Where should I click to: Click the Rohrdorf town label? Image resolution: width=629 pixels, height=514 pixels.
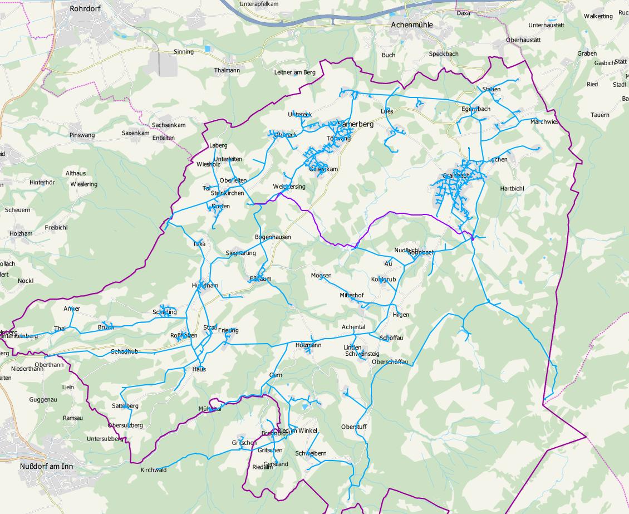[84, 9]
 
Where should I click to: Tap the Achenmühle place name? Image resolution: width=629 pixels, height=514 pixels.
[412, 25]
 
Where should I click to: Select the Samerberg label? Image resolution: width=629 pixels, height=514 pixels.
[356, 124]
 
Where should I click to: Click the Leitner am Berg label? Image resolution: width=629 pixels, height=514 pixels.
[294, 72]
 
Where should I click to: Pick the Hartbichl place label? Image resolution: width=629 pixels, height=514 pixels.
[512, 189]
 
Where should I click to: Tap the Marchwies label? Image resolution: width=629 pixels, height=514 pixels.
[544, 121]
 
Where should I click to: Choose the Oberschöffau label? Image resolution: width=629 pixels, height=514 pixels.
[390, 362]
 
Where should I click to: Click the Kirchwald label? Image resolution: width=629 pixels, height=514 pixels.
[154, 469]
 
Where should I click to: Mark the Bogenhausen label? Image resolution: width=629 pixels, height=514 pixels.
[273, 237]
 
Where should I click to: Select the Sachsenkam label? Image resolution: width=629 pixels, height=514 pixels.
[168, 125]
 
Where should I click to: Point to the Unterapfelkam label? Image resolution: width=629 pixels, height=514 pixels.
[258, 4]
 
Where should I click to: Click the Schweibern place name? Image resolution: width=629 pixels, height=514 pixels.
[311, 453]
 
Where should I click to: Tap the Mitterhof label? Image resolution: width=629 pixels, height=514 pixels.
[351, 295]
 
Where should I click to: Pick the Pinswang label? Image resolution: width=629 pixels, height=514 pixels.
[82, 135]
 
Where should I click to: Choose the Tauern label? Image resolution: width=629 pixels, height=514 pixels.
[600, 115]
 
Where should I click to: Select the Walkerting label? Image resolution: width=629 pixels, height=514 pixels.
[598, 16]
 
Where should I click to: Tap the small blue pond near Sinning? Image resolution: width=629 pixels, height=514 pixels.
[208, 48]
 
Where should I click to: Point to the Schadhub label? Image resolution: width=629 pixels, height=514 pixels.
[124, 351]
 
